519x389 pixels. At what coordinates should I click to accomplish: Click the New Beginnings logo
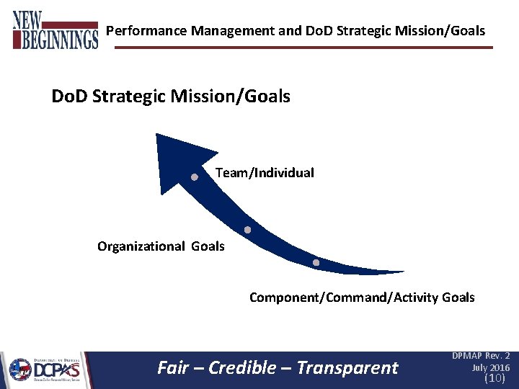point(55,30)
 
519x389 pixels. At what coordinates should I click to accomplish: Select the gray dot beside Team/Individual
point(195,176)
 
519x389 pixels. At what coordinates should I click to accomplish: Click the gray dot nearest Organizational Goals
point(247,231)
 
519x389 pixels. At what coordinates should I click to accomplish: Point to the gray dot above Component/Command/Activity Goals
point(316,263)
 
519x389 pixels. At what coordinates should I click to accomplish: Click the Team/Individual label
point(265,173)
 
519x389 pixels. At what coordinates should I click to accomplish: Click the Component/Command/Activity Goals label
point(362,297)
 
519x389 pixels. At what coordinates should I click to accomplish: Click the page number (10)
point(494,377)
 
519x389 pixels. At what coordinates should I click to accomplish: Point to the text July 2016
point(490,367)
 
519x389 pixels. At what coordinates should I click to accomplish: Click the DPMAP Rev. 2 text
point(481,356)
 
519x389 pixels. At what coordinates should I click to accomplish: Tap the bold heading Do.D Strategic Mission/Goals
point(171,96)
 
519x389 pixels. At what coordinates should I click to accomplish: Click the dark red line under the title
point(303,48)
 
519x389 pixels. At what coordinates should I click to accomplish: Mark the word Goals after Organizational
point(208,246)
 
